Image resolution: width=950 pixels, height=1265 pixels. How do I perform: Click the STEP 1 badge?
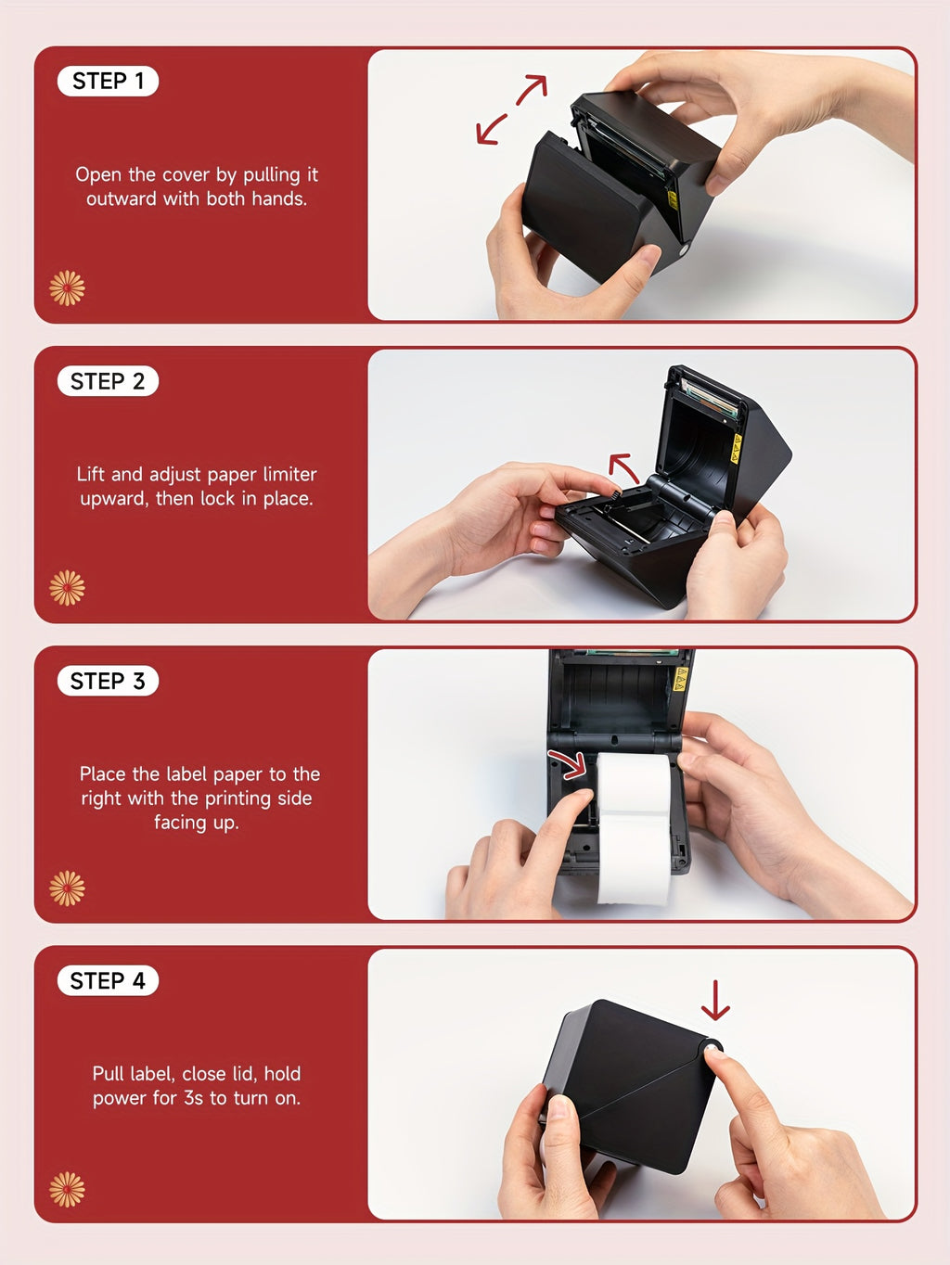pos(108,82)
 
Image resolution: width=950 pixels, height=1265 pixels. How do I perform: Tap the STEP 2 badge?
pos(108,381)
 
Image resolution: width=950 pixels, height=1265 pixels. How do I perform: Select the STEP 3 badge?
pos(108,681)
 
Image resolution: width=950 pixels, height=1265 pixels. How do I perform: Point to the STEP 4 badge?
pos(108,980)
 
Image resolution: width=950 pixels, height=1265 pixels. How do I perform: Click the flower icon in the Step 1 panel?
pos(67,287)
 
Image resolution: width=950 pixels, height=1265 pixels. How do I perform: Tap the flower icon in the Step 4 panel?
pos(67,1189)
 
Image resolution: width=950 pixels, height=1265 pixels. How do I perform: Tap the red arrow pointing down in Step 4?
pos(715,1001)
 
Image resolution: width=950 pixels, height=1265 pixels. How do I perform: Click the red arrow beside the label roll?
pos(567,763)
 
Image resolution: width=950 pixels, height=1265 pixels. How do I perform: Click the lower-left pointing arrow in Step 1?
pos(491,129)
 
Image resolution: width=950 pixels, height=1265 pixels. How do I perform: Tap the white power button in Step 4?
pos(712,1047)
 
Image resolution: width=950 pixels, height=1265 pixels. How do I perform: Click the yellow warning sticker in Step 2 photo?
pos(736,448)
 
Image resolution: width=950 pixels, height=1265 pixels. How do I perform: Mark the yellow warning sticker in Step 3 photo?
pos(681,678)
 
